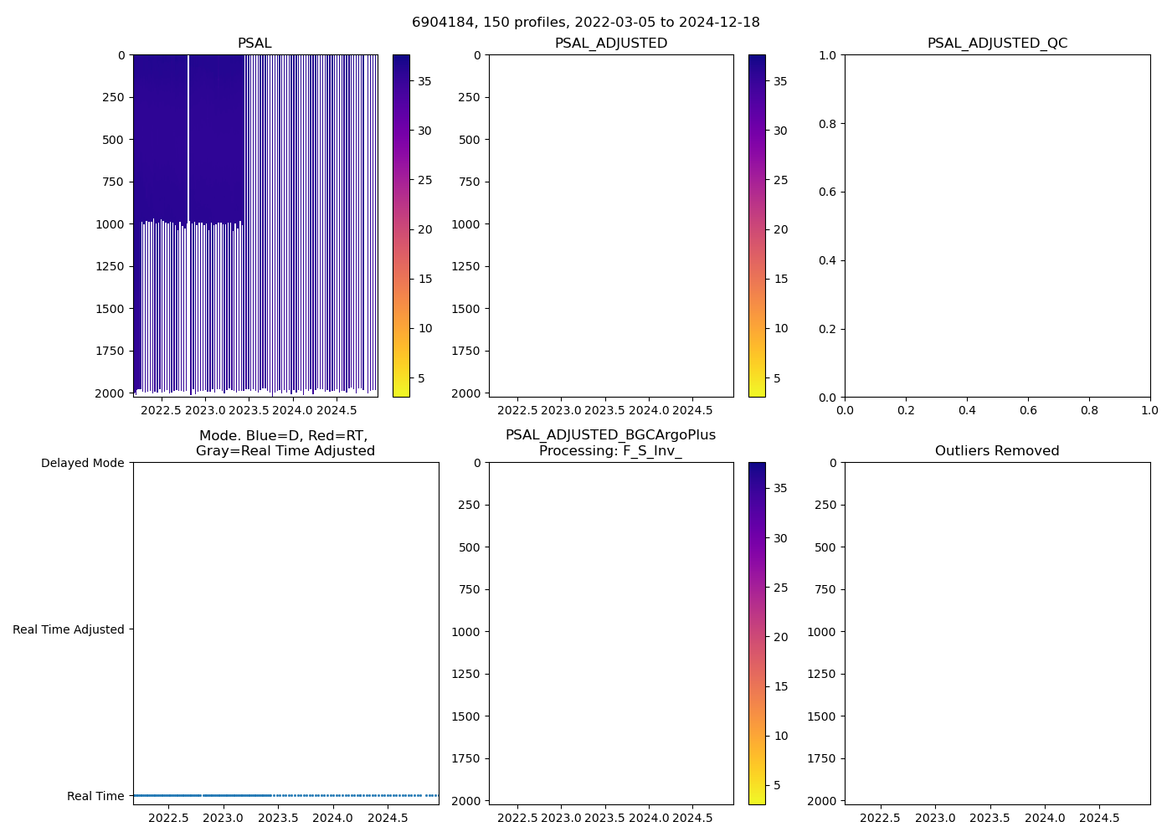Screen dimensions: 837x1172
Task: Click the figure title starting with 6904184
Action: [585, 23]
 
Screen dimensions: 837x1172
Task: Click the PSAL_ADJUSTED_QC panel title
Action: [997, 44]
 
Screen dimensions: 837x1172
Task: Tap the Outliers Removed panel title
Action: [997, 451]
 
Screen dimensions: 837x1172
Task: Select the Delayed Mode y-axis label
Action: [82, 463]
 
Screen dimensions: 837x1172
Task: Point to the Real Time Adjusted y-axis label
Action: [69, 629]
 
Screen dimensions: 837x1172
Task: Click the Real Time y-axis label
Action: [95, 796]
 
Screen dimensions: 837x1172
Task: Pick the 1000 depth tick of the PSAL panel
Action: [109, 224]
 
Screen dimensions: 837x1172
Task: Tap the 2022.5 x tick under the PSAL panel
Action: [161, 410]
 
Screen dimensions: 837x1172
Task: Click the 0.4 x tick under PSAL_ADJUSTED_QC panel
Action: [967, 410]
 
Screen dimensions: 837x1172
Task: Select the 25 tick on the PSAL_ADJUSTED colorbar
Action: [780, 180]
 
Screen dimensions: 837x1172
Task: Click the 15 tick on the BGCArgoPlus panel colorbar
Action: [780, 686]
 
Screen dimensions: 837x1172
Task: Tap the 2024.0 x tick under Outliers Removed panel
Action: [1045, 818]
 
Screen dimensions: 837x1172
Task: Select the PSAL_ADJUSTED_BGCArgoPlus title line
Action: [610, 435]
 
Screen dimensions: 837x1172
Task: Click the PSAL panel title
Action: [254, 44]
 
